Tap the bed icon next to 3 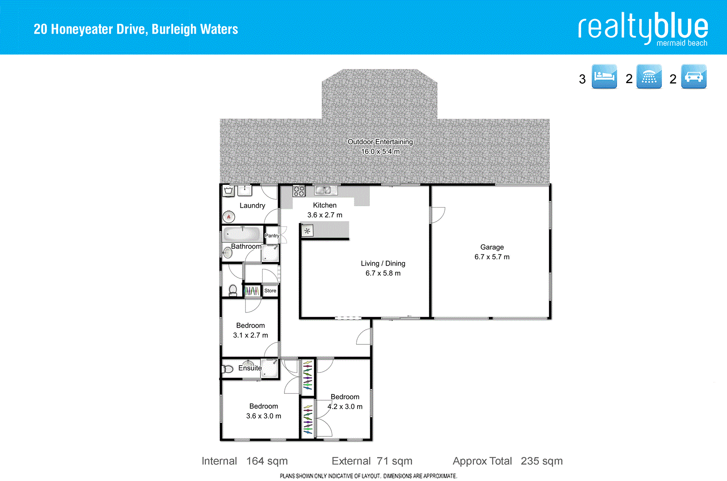(604, 76)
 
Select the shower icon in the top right (649, 76)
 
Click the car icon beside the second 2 (693, 76)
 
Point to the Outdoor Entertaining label (380, 142)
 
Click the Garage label (492, 247)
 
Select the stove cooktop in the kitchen (299, 191)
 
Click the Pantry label (272, 235)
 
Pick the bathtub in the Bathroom (242, 234)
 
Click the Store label (270, 291)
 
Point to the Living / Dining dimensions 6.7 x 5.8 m (383, 273)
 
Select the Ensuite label (250, 368)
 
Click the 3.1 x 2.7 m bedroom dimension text (250, 335)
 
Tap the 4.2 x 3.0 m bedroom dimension (345, 407)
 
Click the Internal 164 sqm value (267, 461)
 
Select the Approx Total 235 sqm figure (542, 461)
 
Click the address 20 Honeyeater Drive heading (135, 29)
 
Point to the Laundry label (252, 205)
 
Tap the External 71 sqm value (394, 461)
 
